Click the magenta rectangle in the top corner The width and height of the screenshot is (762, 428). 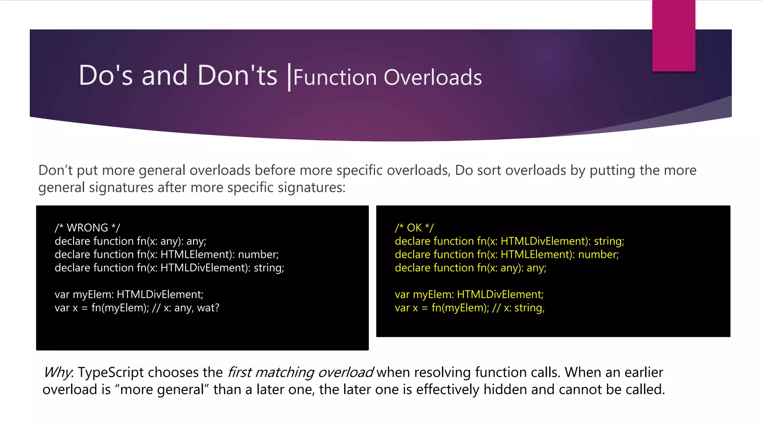pos(673,35)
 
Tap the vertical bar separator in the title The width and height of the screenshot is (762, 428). pos(289,77)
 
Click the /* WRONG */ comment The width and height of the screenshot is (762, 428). pos(87,228)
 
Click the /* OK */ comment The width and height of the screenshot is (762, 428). pos(414,228)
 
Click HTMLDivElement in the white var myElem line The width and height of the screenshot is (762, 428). pos(160,295)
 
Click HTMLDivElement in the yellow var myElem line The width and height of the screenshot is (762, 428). pos(500,295)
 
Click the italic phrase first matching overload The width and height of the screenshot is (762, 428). pos(300,372)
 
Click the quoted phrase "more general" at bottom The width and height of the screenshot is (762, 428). pos(162,389)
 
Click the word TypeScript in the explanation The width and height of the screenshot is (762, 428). pos(111,372)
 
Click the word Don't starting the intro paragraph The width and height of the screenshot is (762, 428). pos(55,170)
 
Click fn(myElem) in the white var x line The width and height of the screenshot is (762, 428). pos(120,308)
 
